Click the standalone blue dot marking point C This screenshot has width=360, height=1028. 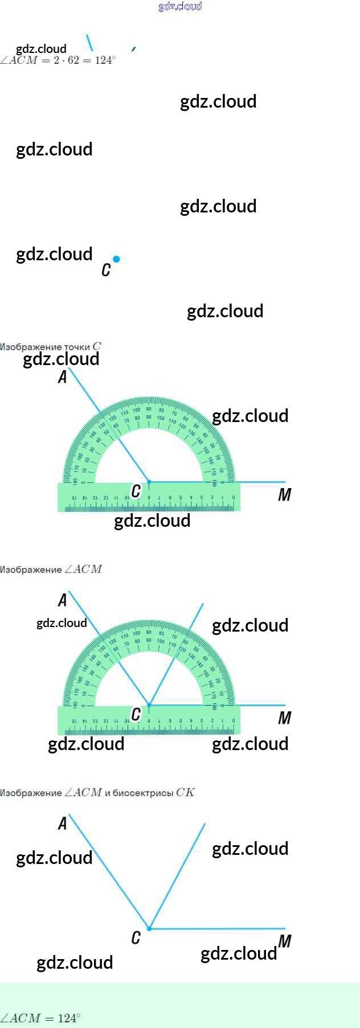(x=116, y=259)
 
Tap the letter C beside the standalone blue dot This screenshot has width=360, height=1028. (x=106, y=270)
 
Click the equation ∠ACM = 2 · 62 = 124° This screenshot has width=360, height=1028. (x=58, y=60)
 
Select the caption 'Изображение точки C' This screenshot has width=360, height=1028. (x=51, y=346)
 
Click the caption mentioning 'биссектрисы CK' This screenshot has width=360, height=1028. (x=97, y=792)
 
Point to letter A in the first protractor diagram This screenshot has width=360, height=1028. (x=63, y=377)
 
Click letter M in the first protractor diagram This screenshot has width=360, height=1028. (x=284, y=495)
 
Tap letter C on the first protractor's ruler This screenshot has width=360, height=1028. (x=136, y=491)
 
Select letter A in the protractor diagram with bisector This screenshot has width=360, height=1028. (x=63, y=600)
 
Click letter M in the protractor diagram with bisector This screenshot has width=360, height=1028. (x=284, y=718)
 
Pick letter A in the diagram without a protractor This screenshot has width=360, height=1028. (x=63, y=824)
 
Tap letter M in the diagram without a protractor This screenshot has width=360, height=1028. (x=285, y=941)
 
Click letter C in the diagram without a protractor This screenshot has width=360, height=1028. (x=136, y=937)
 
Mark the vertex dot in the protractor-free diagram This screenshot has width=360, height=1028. (x=149, y=928)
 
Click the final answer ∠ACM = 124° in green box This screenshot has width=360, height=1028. (x=40, y=1018)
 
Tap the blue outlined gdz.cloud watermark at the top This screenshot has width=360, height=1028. (x=180, y=6)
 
